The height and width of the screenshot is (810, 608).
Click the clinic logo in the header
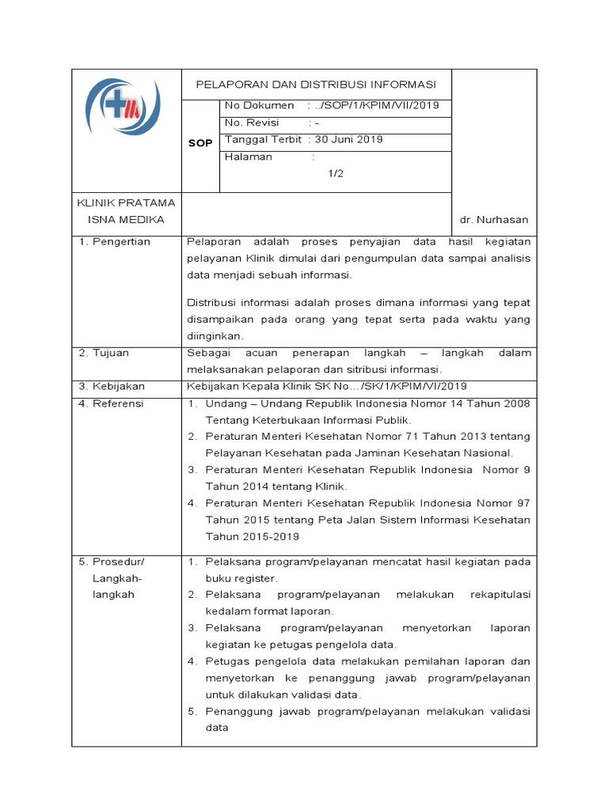[x=123, y=109]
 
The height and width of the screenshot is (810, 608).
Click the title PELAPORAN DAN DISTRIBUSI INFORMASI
[x=316, y=85]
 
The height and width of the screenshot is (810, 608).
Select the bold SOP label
[x=200, y=143]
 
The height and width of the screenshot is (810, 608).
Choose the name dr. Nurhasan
[x=494, y=219]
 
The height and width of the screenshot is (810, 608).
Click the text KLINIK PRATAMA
[x=125, y=202]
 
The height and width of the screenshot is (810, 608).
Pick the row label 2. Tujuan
[x=104, y=353]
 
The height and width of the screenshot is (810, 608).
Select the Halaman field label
[x=249, y=157]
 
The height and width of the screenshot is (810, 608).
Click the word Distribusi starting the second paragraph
[x=213, y=302]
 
